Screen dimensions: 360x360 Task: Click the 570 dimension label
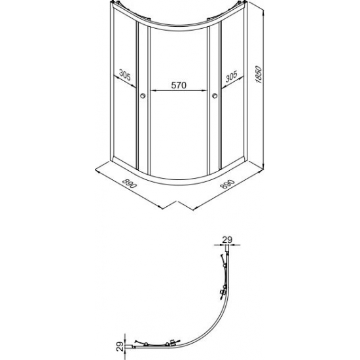(179, 85)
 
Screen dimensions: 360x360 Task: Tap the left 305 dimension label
(125, 75)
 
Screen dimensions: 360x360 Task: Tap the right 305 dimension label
(231, 77)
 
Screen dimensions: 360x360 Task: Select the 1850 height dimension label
(259, 75)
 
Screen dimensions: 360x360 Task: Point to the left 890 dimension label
(130, 183)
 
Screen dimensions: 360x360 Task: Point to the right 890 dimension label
(227, 184)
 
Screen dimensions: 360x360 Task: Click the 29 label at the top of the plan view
(227, 240)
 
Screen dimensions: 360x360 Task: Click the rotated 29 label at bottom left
(120, 346)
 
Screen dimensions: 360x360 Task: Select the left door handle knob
(143, 96)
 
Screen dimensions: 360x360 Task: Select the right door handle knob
(215, 96)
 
